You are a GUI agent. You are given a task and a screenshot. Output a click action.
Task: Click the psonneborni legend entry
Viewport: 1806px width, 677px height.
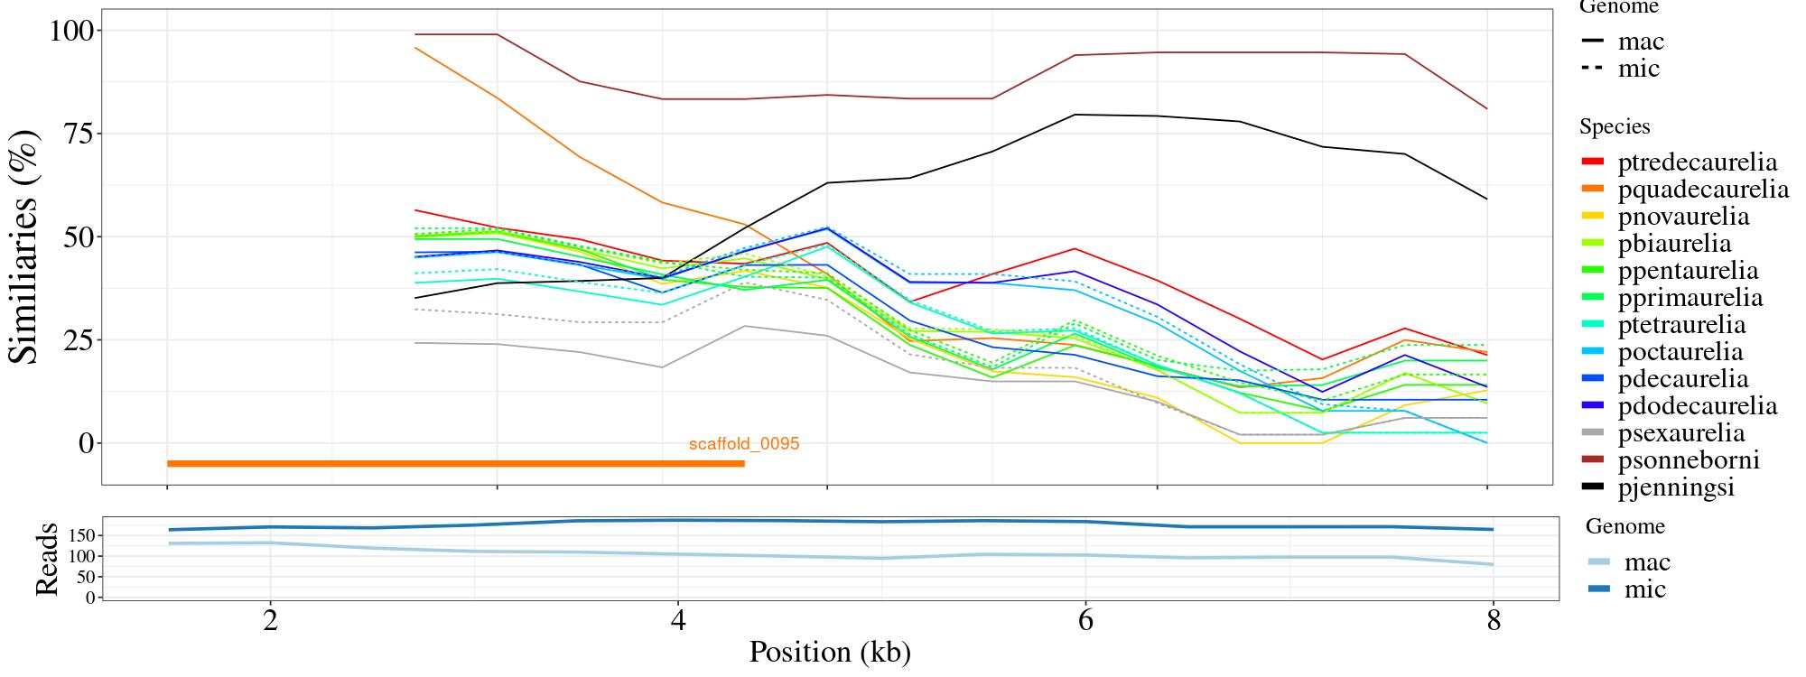click(1688, 460)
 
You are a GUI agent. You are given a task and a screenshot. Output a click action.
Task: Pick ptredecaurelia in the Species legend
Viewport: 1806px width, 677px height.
click(1697, 162)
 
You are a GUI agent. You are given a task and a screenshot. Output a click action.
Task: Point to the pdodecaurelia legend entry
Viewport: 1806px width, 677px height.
click(1697, 406)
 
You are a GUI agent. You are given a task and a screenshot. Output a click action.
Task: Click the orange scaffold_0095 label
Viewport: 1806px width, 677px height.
click(744, 444)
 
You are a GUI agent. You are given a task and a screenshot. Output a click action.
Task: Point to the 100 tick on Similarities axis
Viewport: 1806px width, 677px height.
click(69, 31)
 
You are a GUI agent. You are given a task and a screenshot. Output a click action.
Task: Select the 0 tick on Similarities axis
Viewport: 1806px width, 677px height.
click(87, 443)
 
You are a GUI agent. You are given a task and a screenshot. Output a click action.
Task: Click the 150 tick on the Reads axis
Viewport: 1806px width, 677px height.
click(82, 535)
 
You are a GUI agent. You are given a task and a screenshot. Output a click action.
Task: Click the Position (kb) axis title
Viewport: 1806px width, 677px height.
click(829, 653)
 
